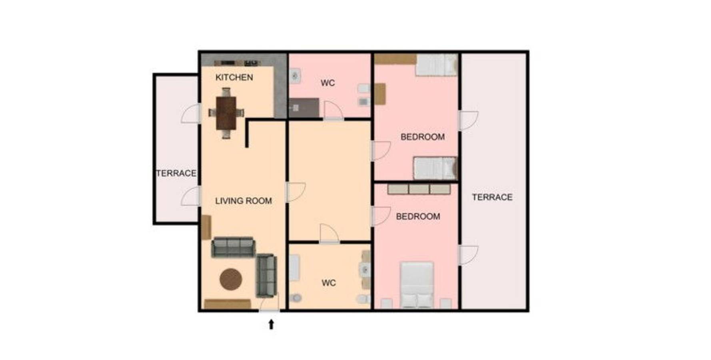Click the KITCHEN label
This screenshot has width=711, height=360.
234,77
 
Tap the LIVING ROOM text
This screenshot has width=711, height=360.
243,201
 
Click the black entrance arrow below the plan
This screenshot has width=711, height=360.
271,324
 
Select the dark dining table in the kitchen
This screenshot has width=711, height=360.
226,113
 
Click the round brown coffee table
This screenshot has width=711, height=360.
231,279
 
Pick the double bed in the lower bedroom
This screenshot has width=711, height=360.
417,284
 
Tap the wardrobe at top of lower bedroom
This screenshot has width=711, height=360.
419,189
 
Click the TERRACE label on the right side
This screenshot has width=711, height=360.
492,197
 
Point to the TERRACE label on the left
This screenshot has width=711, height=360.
176,173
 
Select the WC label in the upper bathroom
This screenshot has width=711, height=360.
328,83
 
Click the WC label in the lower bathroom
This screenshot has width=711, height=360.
329,283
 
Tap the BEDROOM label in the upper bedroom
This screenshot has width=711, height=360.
422,137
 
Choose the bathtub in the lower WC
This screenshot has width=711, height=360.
294,268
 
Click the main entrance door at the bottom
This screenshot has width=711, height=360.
270,305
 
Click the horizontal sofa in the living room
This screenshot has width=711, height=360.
233,247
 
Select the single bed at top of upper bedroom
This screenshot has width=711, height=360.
436,65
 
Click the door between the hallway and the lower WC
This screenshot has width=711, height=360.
329,234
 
